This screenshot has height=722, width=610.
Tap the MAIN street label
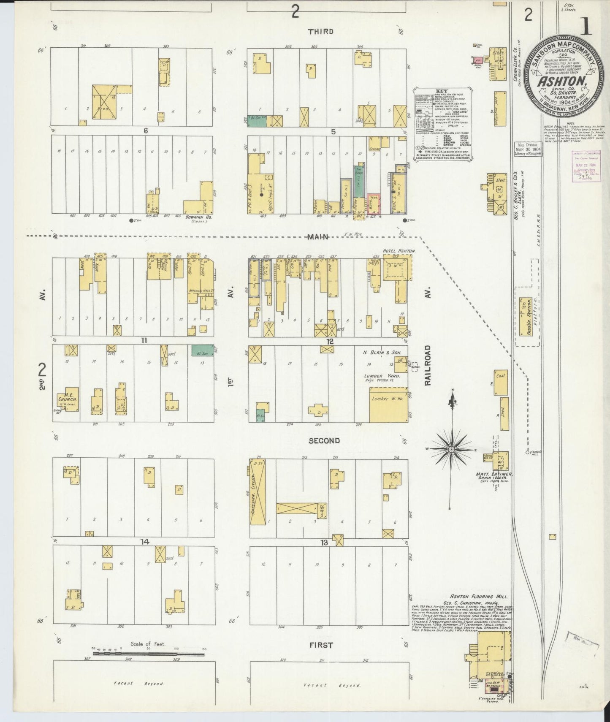317,237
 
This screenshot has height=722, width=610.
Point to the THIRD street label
320,32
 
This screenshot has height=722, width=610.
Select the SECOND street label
324,441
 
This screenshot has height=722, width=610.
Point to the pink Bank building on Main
373,203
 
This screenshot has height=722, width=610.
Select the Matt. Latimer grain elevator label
493,475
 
